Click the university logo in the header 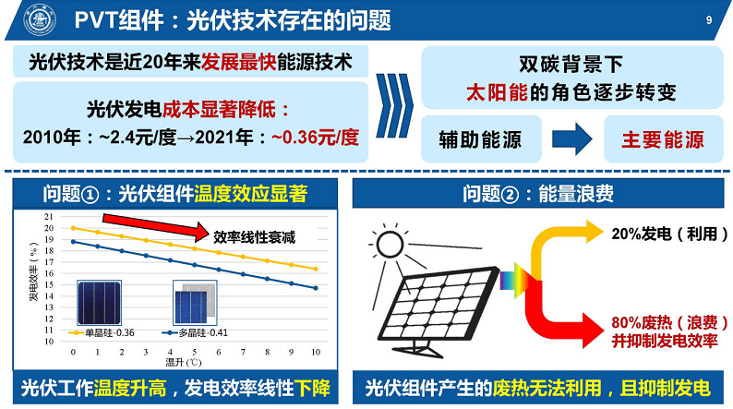click(41, 20)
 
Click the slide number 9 click(709, 19)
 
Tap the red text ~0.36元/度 click(315, 138)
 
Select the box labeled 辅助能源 click(481, 139)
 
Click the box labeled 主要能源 click(664, 139)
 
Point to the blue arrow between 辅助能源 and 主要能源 click(572, 138)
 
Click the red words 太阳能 click(498, 92)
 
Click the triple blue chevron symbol click(394, 105)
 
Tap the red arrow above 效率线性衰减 click(156, 226)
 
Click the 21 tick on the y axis click(49, 216)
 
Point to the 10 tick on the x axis click(316, 352)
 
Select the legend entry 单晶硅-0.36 click(102, 332)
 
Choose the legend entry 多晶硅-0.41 click(195, 332)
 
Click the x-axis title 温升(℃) click(183, 362)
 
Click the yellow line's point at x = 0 click(74, 228)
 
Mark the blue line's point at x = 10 click(316, 288)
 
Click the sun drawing click(390, 244)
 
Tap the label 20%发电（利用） click(670, 234)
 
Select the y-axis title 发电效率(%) click(33, 271)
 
